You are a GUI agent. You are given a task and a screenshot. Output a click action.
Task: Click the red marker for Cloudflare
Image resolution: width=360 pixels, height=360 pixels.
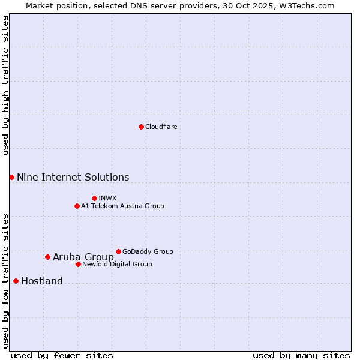141,127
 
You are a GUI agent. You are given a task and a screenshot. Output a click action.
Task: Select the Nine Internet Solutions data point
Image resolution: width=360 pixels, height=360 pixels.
11,177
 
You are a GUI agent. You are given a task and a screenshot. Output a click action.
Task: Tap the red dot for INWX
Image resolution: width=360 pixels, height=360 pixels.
94,198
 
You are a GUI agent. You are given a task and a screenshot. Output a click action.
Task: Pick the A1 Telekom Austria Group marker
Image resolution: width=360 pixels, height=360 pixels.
77,206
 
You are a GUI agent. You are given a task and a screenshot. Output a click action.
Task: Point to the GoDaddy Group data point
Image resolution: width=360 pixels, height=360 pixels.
118,251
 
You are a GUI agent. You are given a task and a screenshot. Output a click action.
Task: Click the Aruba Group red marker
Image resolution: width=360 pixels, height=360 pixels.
47,257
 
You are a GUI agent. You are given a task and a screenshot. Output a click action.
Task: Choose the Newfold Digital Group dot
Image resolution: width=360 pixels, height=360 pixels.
78,264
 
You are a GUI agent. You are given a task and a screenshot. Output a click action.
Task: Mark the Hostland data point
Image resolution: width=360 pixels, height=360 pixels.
16,281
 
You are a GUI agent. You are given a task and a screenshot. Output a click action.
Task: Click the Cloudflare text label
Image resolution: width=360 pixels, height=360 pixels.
161,127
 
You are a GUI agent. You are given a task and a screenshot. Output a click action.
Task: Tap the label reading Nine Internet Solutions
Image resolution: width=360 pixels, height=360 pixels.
73,177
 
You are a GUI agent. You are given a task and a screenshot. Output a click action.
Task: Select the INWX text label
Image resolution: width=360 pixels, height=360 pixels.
107,198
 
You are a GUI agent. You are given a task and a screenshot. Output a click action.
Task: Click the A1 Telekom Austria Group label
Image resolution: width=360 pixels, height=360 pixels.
122,206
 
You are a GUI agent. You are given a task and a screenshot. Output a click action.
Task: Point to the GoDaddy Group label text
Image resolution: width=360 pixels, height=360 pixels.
148,251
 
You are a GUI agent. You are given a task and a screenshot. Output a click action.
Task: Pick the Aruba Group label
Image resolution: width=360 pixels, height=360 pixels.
83,257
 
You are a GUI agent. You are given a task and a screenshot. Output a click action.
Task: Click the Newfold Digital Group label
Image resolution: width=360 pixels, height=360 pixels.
117,264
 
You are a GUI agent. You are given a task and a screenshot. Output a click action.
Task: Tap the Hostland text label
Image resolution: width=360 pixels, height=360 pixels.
42,281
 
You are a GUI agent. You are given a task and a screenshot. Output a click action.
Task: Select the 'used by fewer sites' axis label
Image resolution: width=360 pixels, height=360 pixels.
62,355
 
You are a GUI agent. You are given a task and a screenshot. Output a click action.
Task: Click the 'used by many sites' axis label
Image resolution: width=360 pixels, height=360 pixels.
301,355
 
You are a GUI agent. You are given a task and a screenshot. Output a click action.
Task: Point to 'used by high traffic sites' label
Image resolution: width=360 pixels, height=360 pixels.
5,85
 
